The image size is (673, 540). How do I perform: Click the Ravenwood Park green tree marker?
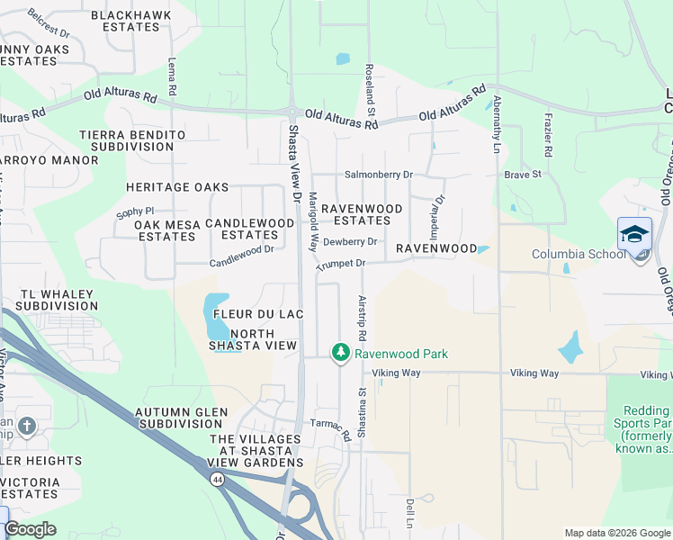tap(340, 353)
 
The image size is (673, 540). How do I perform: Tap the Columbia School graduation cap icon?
tap(634, 233)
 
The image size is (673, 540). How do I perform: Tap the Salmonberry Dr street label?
tap(379, 175)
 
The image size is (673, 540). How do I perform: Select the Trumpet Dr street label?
tap(340, 264)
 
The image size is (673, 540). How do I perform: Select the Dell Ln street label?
tap(409, 513)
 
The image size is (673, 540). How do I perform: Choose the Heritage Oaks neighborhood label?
tap(177, 187)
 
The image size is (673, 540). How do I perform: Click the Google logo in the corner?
tap(30, 529)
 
